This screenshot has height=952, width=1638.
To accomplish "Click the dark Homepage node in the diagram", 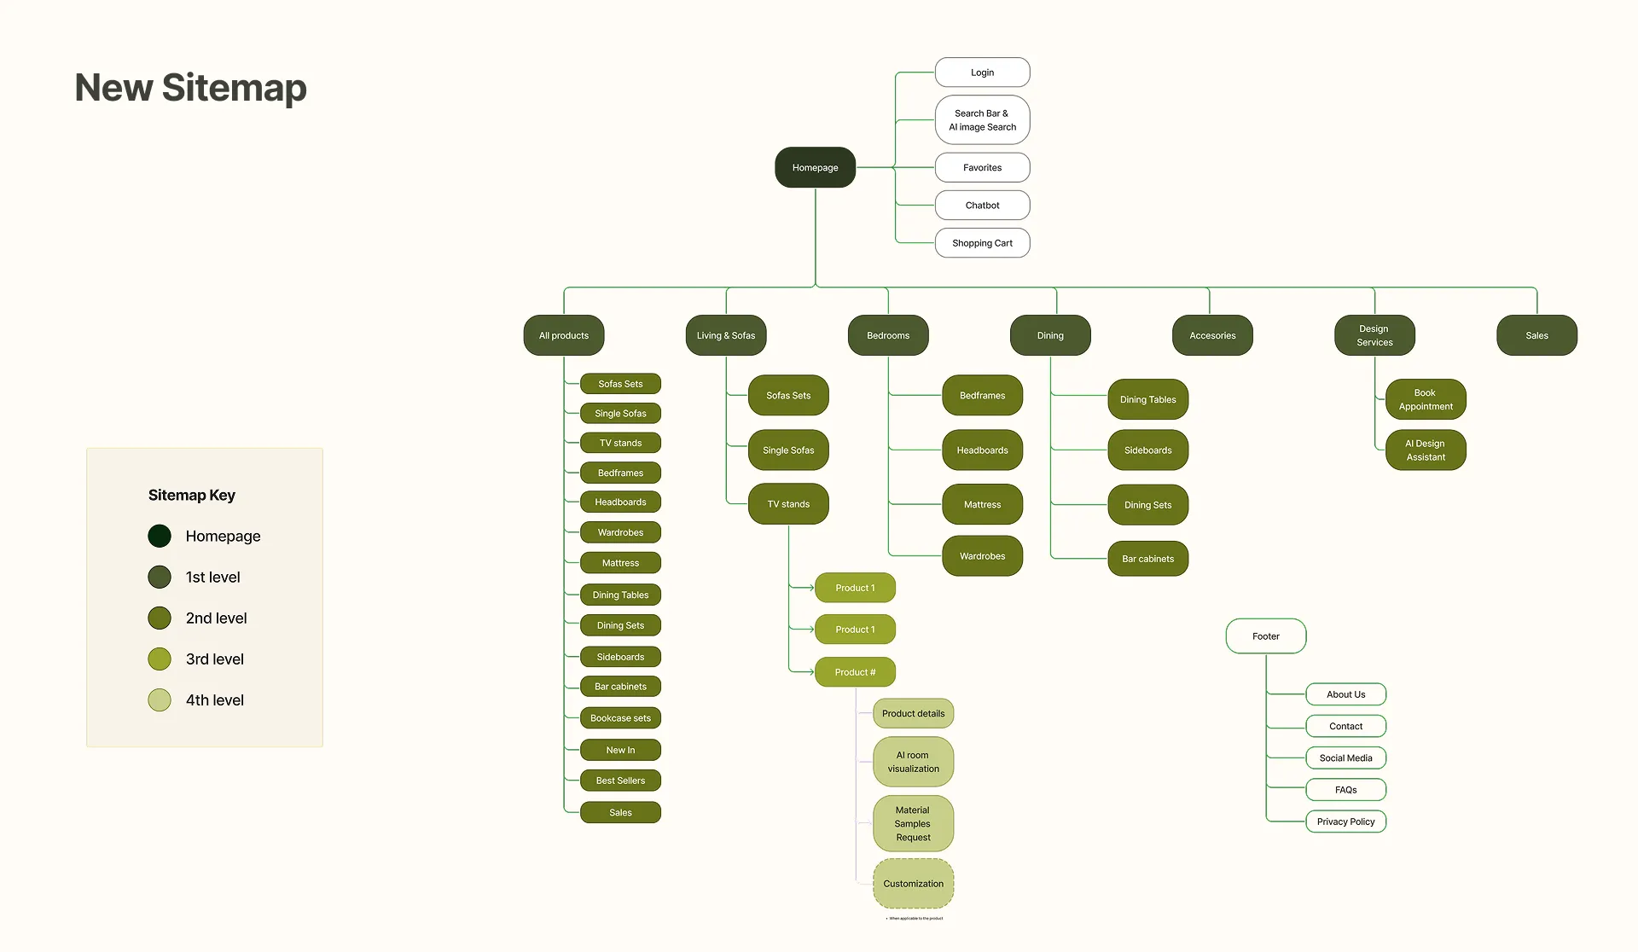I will pyautogui.click(x=815, y=167).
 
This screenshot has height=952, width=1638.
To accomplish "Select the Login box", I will pyautogui.click(x=982, y=73).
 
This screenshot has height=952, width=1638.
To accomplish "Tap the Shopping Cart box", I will pyautogui.click(x=982, y=243).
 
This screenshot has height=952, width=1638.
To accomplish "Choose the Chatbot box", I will pyautogui.click(x=982, y=206).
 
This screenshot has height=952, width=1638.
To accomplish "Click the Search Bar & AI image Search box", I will pyautogui.click(x=982, y=120).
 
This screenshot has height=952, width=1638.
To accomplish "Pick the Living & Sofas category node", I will pyautogui.click(x=725, y=335).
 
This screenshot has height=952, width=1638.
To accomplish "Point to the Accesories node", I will pyautogui.click(x=1212, y=335).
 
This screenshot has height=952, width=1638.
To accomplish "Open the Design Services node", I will pyautogui.click(x=1374, y=335).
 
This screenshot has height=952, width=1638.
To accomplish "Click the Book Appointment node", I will pyautogui.click(x=1426, y=399).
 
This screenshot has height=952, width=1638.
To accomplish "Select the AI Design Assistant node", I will pyautogui.click(x=1426, y=450).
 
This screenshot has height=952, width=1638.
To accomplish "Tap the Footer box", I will pyautogui.click(x=1265, y=636).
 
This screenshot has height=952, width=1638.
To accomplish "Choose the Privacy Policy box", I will pyautogui.click(x=1345, y=821).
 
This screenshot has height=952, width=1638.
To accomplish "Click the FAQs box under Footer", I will pyautogui.click(x=1345, y=790).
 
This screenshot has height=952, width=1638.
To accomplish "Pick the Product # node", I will pyautogui.click(x=855, y=672).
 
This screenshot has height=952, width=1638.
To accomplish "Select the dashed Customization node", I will pyautogui.click(x=913, y=884).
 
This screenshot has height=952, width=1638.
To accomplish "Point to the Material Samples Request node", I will pyautogui.click(x=913, y=824).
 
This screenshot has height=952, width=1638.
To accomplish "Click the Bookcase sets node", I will pyautogui.click(x=620, y=718).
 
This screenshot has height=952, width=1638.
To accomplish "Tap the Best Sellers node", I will pyautogui.click(x=620, y=781).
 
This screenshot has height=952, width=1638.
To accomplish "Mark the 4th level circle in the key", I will pyautogui.click(x=160, y=700).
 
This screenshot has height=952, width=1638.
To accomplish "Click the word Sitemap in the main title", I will pyautogui.click(x=234, y=88).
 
